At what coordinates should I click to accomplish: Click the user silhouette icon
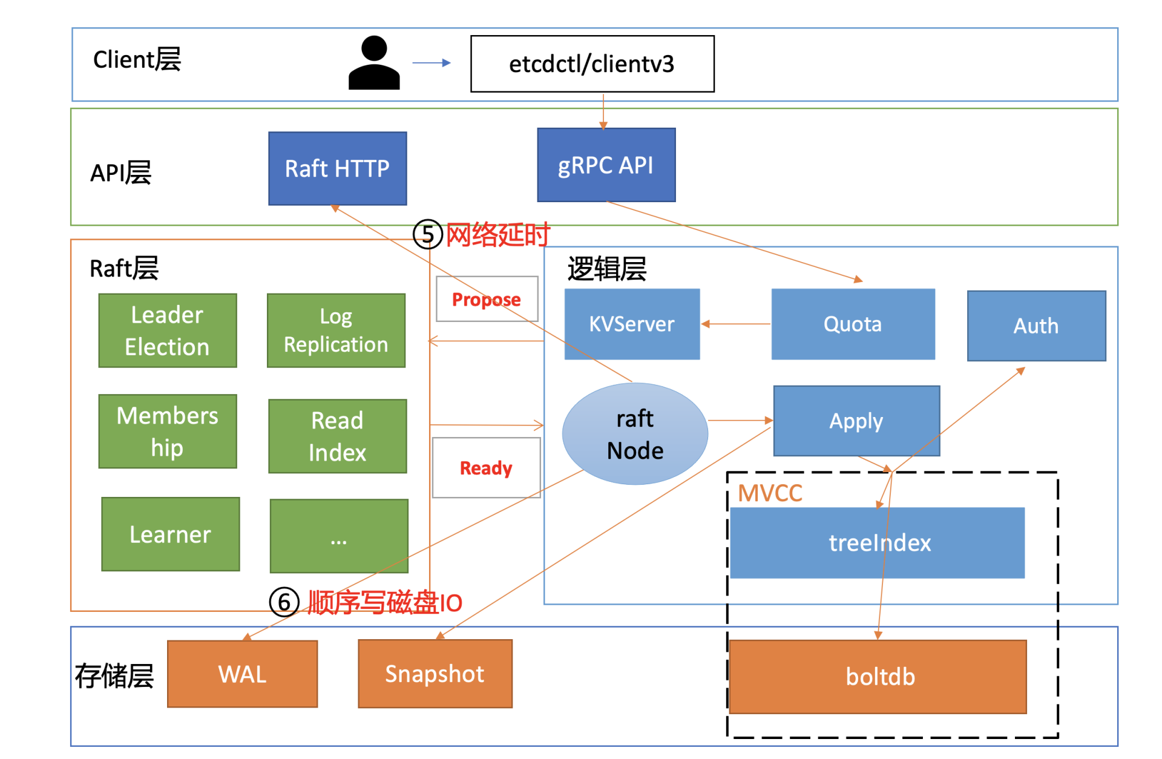click(x=374, y=63)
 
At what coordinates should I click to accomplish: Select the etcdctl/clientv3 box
click(x=592, y=64)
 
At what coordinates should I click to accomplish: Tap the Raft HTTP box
click(x=337, y=168)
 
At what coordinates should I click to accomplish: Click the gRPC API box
click(x=606, y=165)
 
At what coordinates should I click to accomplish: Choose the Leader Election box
click(x=168, y=330)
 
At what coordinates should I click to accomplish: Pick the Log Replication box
click(x=336, y=330)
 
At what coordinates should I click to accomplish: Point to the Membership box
click(x=168, y=431)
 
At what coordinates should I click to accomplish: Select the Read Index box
click(x=337, y=436)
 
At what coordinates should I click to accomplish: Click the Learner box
click(x=170, y=534)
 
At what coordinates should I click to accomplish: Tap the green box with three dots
click(x=338, y=536)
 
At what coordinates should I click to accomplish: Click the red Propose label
click(x=487, y=299)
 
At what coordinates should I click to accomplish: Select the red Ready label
click(x=486, y=468)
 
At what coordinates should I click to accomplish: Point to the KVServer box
click(x=632, y=324)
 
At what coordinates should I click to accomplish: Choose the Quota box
click(x=853, y=324)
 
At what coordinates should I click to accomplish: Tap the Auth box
click(x=1036, y=326)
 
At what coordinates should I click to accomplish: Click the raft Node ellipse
click(x=635, y=434)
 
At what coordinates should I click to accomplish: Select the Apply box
click(x=856, y=421)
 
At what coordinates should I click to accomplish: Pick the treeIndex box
click(x=877, y=543)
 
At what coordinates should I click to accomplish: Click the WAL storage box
click(x=242, y=674)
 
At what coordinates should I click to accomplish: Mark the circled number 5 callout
click(x=427, y=234)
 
